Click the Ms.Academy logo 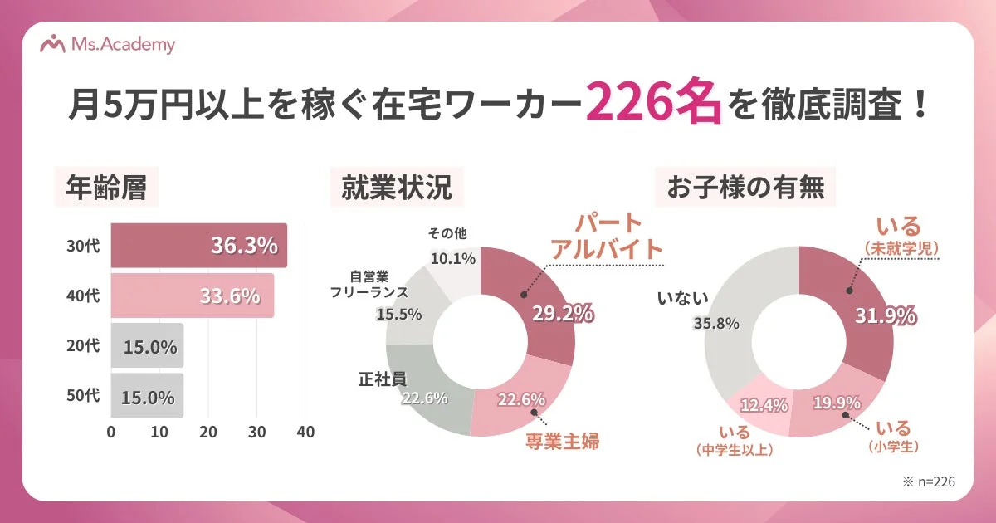108,45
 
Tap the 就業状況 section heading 397,189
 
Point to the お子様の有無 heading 745,189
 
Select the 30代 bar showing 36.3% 199,246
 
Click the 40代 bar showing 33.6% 192,296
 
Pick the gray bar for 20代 147,346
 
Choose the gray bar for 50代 147,396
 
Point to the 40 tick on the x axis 305,433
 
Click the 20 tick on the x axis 208,433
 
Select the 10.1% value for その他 452,258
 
